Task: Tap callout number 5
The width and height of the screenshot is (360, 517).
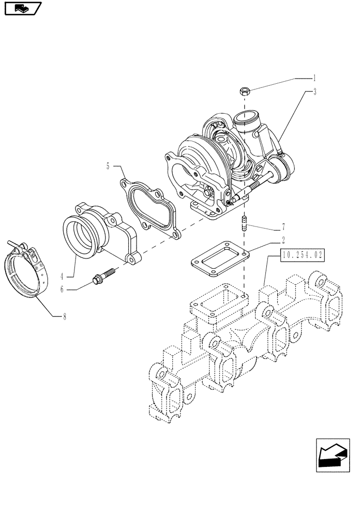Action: (108, 166)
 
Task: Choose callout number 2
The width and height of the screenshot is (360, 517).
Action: (284, 240)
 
